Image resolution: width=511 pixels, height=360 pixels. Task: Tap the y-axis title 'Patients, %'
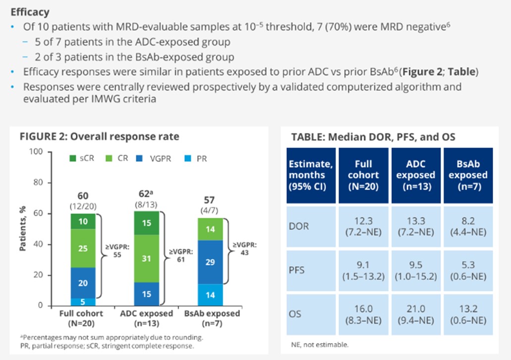(23, 230)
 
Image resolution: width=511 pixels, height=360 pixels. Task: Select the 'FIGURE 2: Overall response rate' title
(99, 136)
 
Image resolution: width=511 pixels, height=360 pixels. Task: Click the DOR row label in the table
(299, 226)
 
